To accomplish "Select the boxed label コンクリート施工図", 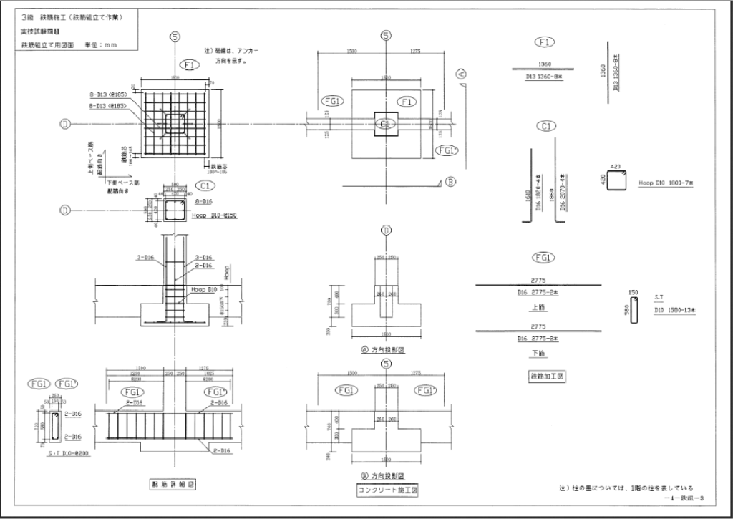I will pos(387,490).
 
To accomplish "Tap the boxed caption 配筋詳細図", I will pos(173,484).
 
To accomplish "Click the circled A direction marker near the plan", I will pos(462,74).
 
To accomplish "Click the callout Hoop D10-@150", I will pos(215,215).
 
